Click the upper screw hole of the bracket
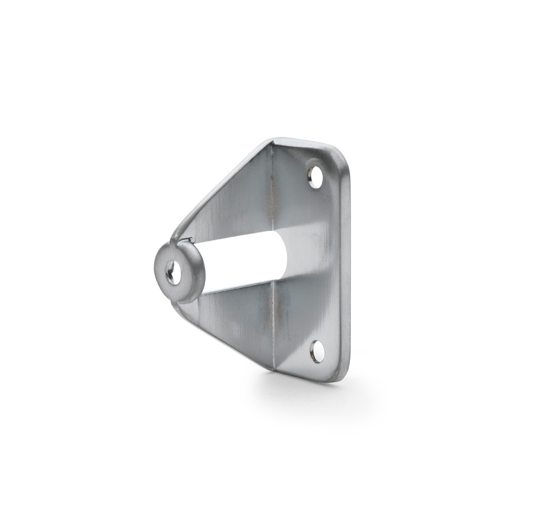click(x=316, y=177)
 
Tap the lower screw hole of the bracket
click(x=317, y=351)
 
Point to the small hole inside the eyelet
click(x=173, y=272)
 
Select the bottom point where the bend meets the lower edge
click(x=273, y=369)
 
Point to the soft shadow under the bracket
click(x=306, y=390)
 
